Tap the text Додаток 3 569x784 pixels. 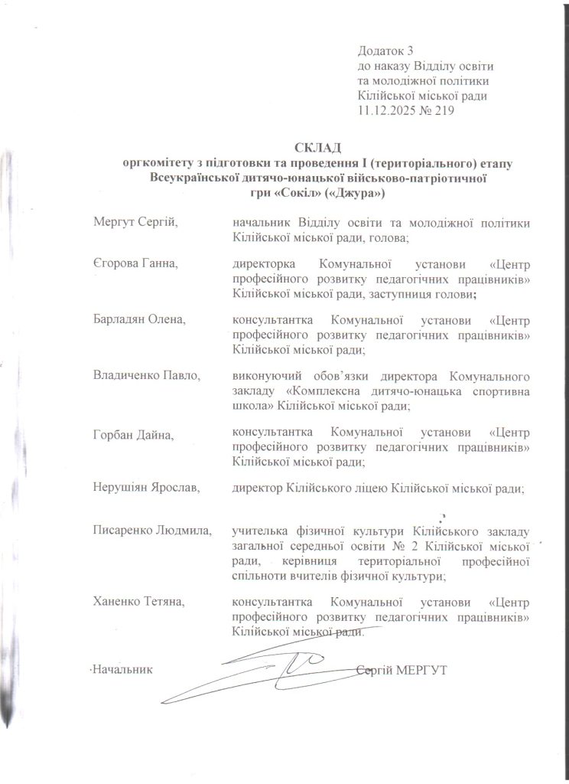tap(386, 51)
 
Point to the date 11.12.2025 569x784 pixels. tap(385, 110)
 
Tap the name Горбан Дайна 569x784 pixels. tap(131, 435)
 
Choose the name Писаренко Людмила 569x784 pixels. tap(151, 531)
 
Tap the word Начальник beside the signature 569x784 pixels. tap(122, 670)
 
